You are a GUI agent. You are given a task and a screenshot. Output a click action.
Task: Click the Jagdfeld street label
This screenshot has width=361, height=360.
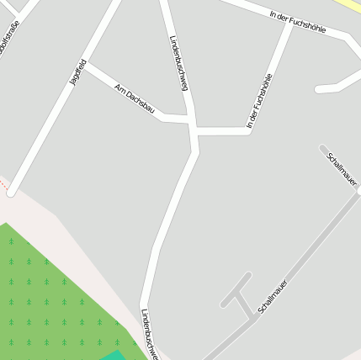click(x=77, y=72)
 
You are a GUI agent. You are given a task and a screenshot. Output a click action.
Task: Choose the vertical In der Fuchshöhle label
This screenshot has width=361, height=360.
click(x=260, y=101)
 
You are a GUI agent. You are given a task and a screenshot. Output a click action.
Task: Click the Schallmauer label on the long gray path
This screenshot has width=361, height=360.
click(x=273, y=296)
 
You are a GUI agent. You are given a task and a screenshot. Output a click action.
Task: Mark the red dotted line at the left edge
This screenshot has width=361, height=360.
click(x=3, y=183)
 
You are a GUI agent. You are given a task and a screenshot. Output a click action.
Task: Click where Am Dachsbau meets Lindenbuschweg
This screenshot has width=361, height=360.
click(x=192, y=122)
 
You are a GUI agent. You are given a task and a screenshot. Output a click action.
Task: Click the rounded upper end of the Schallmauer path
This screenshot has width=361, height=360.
click(x=323, y=149)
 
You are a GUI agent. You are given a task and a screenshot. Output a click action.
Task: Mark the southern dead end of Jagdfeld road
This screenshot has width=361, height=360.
click(x=12, y=192)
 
